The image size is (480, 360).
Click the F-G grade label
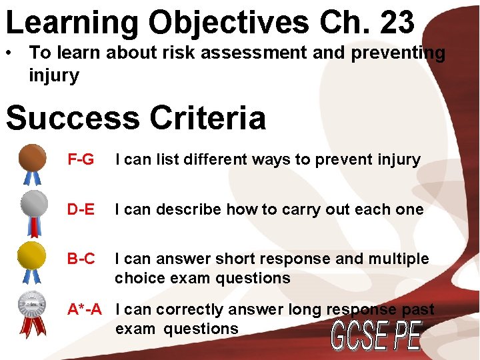coord(81,160)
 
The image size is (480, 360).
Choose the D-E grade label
coord(81,209)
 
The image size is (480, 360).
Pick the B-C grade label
coord(81,259)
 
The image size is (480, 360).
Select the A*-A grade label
coord(85,309)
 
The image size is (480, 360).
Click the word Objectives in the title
coord(228,23)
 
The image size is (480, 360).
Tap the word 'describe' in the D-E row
coord(189,209)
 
